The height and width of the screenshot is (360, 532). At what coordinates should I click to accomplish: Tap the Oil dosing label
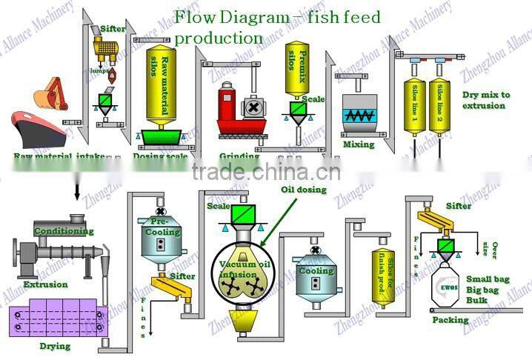coord(302,190)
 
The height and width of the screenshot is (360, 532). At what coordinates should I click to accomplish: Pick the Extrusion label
coord(44,284)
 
